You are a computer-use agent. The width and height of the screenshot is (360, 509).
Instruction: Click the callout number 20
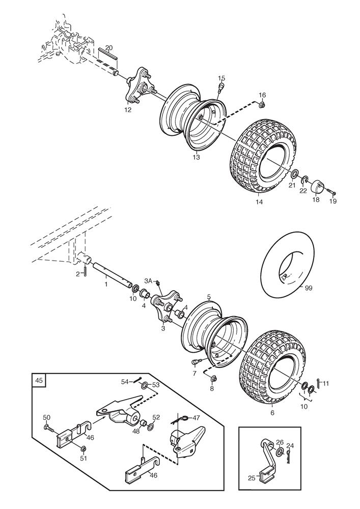tap(109, 47)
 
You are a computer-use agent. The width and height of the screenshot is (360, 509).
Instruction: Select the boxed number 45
tap(40, 380)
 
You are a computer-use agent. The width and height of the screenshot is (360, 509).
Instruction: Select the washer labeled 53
tap(144, 385)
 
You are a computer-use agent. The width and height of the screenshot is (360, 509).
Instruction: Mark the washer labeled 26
tap(281, 452)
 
